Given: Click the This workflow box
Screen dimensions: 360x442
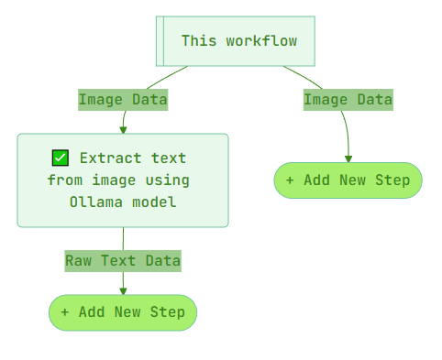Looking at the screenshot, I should (x=237, y=41).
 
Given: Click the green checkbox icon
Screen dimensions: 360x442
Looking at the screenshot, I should (x=61, y=158).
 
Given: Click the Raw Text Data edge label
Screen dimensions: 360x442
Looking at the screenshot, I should (x=123, y=261).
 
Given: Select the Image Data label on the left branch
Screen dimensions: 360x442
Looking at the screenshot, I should (x=123, y=100).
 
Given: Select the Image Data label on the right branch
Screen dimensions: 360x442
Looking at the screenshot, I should (x=348, y=100).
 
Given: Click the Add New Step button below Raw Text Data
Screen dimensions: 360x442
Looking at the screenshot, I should (x=123, y=312).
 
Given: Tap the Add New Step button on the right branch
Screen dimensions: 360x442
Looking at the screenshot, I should (x=348, y=180).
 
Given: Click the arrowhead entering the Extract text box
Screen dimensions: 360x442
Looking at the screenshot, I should (x=123, y=129).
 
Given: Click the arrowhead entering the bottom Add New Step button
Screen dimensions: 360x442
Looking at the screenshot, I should (x=123, y=290).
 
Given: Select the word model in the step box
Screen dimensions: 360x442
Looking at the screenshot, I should (x=154, y=202).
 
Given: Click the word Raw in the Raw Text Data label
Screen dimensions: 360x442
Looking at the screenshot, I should (x=79, y=261).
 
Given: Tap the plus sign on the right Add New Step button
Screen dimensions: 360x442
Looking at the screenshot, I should (x=290, y=180).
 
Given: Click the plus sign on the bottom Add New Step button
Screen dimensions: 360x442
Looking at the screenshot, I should (x=65, y=312).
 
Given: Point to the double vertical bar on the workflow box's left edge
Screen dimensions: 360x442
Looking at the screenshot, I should (x=160, y=41).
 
